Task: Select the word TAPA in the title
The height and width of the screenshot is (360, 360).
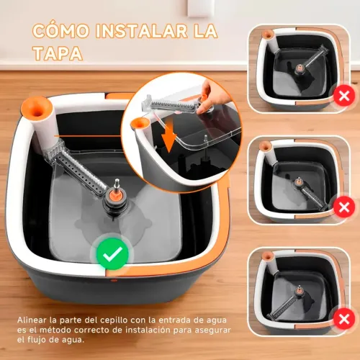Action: coord(58,55)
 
